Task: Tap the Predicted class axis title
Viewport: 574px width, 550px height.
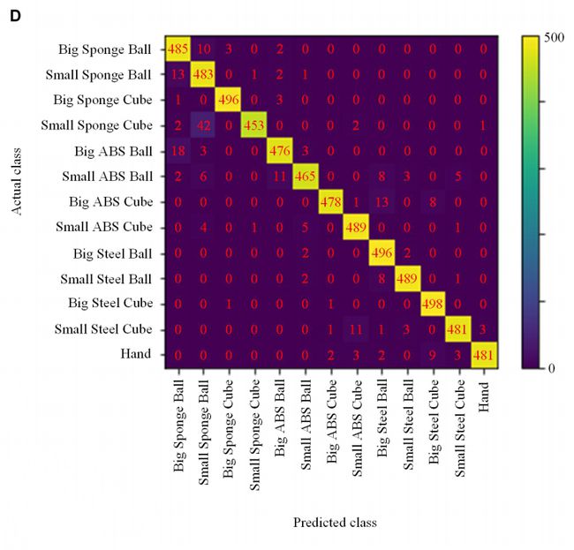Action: (335, 522)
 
